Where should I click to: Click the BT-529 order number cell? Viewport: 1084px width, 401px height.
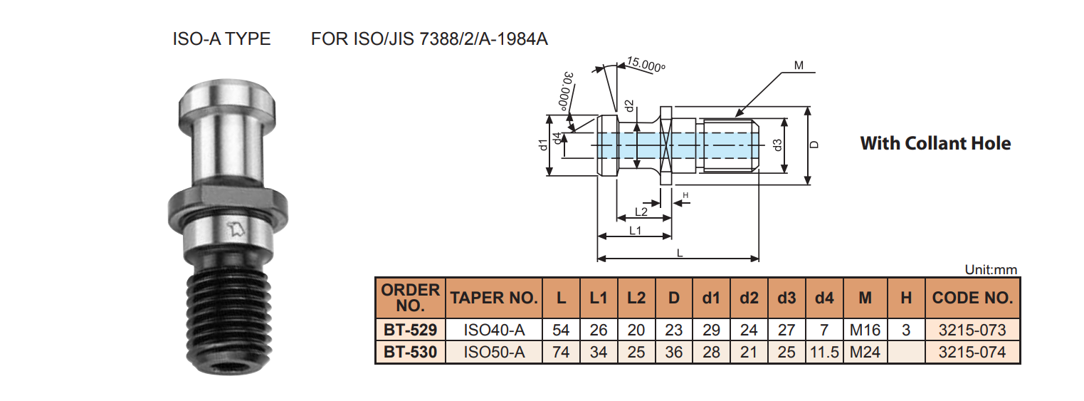(x=410, y=330)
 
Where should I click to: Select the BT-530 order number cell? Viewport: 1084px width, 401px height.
(x=410, y=352)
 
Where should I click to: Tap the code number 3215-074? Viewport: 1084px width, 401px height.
(x=972, y=352)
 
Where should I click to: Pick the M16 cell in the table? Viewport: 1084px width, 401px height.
(x=865, y=330)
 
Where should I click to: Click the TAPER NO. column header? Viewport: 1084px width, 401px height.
(x=493, y=298)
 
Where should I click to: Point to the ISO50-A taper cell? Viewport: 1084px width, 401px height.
(x=494, y=352)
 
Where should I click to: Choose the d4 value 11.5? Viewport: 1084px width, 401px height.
(x=824, y=352)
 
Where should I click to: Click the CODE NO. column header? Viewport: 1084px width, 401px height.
(x=972, y=298)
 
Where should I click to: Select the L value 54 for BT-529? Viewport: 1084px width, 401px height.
(x=562, y=330)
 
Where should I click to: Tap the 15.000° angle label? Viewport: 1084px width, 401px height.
(x=646, y=65)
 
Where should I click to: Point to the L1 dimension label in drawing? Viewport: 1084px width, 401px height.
(x=636, y=230)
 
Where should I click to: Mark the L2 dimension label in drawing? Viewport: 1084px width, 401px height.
(x=641, y=212)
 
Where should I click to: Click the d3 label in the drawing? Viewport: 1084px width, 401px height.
(x=778, y=145)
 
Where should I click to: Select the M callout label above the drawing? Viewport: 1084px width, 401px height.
(x=799, y=66)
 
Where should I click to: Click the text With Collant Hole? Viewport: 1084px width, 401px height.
(x=935, y=143)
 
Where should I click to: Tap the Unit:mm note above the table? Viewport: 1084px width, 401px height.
(x=991, y=270)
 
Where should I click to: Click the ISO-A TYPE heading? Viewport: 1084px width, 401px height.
(x=221, y=38)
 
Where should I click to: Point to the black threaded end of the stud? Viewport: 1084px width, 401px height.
(x=221, y=321)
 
